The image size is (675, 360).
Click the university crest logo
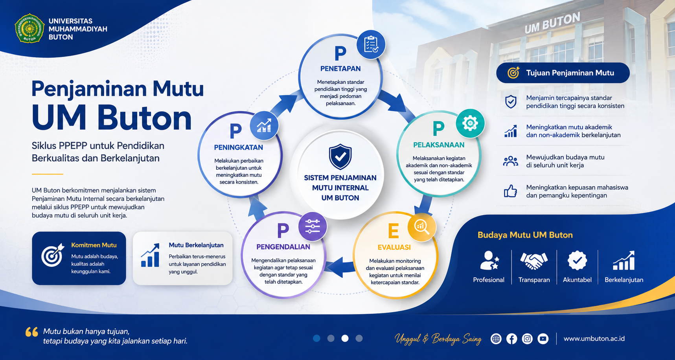[29, 29]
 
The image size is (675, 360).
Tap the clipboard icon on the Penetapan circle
[371, 44]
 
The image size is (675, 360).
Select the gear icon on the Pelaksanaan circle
[470, 123]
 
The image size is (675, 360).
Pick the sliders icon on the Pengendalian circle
[313, 226]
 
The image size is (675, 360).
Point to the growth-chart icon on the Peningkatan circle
[264, 126]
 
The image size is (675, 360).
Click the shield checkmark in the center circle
[340, 156]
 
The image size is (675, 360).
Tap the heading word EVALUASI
[394, 247]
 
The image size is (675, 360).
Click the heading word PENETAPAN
[340, 69]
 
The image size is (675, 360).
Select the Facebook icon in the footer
[511, 338]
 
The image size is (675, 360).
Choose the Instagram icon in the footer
[527, 338]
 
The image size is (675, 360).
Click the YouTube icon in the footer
[543, 338]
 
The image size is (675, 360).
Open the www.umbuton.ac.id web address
[594, 338]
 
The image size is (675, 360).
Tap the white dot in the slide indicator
[345, 338]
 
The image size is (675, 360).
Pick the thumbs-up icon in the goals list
[510, 191]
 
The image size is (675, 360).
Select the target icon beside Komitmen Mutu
[53, 255]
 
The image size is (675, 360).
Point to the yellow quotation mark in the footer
[32, 332]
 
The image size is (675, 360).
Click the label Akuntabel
[577, 280]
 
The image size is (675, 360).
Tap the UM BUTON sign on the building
[552, 22]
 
